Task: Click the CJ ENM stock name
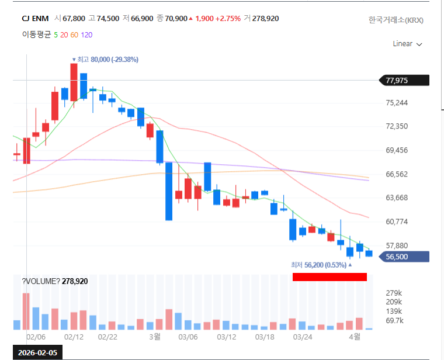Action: [x=35, y=19]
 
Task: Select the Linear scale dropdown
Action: [x=407, y=44]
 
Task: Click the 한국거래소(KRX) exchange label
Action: [x=396, y=20]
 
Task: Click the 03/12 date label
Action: [x=226, y=337]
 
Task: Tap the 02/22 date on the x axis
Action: [x=108, y=337]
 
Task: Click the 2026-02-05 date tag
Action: [x=37, y=353]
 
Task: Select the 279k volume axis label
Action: [x=394, y=293]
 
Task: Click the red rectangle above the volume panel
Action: [x=329, y=277]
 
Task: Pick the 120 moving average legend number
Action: [x=87, y=34]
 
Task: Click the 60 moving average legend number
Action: [x=74, y=34]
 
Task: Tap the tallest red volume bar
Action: [x=26, y=311]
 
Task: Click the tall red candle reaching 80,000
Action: [x=74, y=82]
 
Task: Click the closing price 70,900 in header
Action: [x=176, y=19]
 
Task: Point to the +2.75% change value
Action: [x=228, y=19]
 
